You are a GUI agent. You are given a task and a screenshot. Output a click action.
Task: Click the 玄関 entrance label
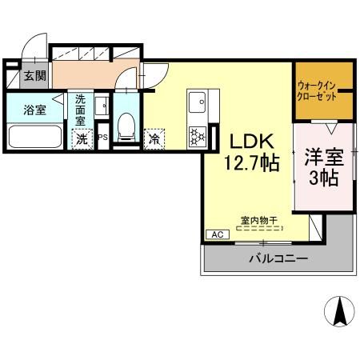(x=34, y=76)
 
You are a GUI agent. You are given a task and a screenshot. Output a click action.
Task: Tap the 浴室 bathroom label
(x=34, y=110)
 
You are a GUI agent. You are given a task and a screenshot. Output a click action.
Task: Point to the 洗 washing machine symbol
(x=82, y=138)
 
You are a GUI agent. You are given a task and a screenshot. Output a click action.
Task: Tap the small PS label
(x=102, y=138)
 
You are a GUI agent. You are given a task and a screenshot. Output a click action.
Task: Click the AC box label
(x=216, y=234)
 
